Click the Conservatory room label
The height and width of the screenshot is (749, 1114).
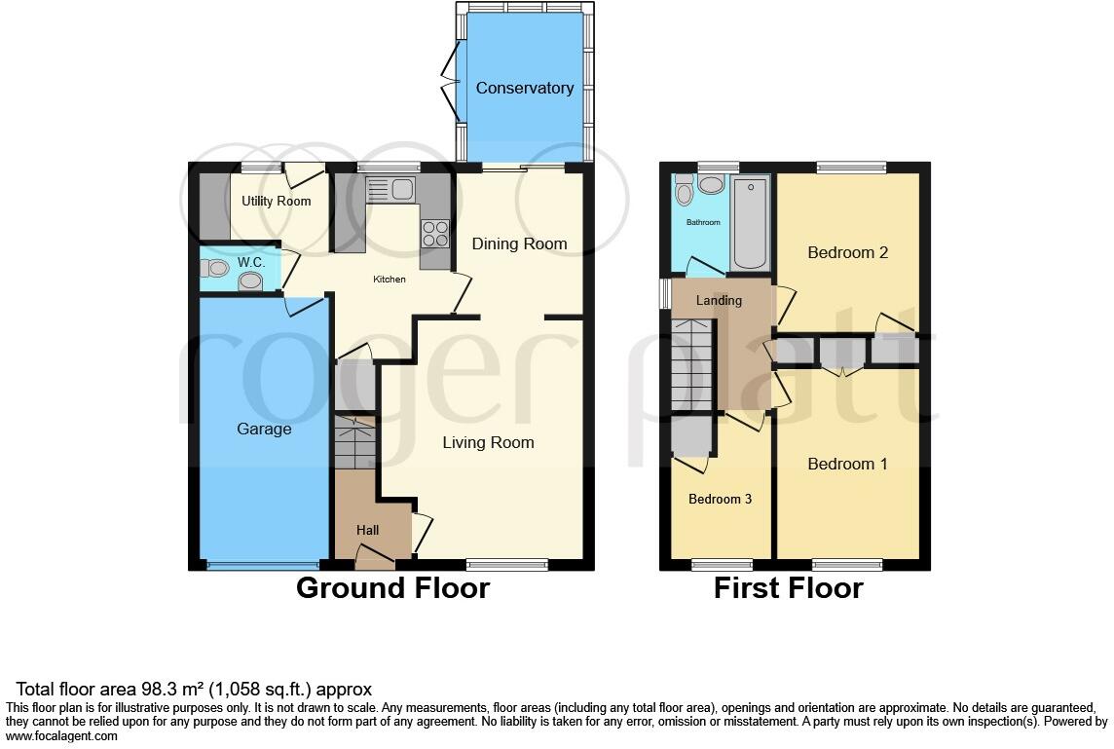(524, 89)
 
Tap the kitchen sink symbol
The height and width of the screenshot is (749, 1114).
(390, 189)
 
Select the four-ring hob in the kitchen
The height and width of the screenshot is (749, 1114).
(434, 234)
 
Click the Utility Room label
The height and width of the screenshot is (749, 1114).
(277, 202)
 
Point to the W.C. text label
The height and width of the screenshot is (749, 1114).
(251, 263)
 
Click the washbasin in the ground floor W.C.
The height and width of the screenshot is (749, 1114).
(251, 281)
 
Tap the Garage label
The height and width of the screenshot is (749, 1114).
(264, 429)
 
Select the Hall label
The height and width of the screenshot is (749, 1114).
(367, 530)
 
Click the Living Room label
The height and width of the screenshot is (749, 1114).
(488, 442)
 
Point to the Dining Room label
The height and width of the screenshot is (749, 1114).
(519, 243)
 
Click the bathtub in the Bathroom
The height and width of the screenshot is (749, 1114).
(750, 223)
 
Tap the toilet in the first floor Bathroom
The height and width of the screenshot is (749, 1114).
(685, 194)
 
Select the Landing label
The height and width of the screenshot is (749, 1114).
(719, 300)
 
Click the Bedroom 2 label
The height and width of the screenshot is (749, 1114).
(847, 252)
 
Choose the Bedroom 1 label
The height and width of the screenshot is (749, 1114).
(847, 464)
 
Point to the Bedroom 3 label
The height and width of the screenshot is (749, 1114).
(720, 500)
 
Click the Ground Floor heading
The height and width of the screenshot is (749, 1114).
(392, 588)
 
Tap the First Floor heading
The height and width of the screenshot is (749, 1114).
(788, 588)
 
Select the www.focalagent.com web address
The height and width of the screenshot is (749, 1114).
(62, 736)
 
